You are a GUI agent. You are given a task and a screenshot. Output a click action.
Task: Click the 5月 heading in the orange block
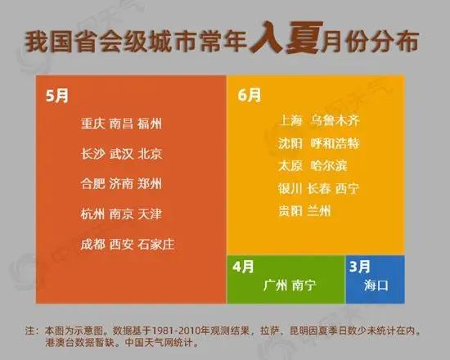[57, 95]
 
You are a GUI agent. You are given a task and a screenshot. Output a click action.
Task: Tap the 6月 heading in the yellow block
[249, 94]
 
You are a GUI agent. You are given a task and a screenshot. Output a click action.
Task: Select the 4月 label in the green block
[243, 267]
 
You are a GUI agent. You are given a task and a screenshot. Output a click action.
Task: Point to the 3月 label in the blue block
[360, 267]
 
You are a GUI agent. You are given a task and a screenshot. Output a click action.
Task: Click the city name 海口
[376, 285]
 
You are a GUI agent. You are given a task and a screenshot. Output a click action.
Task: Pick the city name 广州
[276, 285]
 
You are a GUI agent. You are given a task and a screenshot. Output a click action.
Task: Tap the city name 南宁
[304, 285]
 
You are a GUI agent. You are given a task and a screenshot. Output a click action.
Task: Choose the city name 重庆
[92, 124]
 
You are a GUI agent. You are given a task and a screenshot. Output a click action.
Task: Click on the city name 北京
[150, 154]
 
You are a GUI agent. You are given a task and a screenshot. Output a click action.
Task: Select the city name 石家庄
[156, 245]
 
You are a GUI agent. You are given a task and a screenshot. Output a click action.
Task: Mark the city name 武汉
[121, 154]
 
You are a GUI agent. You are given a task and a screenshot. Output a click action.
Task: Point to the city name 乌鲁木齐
[335, 120]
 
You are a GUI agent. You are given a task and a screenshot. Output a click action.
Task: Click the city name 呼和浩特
[335, 143]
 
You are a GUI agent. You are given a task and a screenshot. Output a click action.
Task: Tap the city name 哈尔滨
[329, 165]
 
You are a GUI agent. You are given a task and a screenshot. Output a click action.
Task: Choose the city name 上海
[290, 120]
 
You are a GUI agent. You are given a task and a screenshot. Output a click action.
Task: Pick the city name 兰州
[319, 211]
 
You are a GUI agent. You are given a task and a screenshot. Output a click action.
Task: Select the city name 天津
[150, 214]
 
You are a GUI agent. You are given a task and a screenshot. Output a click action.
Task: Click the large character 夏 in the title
[304, 38]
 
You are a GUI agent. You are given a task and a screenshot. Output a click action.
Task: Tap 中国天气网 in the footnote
[150, 343]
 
